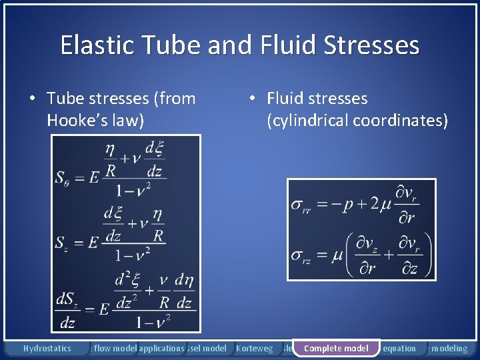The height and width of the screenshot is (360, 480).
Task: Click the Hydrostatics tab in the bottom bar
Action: (47, 348)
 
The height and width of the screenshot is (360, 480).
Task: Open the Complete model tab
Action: (336, 348)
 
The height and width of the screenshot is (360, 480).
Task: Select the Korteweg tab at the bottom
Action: (255, 348)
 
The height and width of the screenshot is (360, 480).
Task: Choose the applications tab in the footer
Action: (161, 348)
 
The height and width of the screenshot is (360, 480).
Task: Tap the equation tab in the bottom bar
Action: (400, 348)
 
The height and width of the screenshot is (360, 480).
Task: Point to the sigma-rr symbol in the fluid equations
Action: (301, 205)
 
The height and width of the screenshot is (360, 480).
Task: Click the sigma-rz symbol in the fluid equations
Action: (301, 256)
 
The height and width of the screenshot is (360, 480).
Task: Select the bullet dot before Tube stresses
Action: (32, 99)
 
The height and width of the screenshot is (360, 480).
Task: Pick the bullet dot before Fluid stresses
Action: (252, 99)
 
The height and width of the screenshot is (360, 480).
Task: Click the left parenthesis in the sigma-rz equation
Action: (348, 255)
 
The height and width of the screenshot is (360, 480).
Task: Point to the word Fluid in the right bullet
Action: (283, 99)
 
